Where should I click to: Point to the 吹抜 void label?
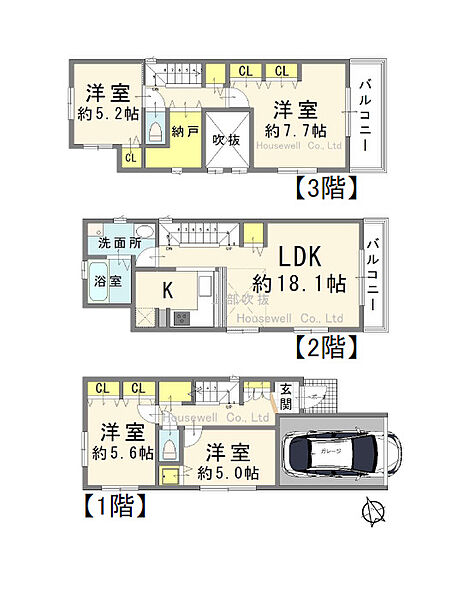click(x=226, y=140)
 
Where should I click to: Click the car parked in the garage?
click(x=339, y=455)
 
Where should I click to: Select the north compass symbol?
click(x=373, y=511)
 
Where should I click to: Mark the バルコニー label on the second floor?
click(x=373, y=272)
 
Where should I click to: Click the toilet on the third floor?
click(x=154, y=130)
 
